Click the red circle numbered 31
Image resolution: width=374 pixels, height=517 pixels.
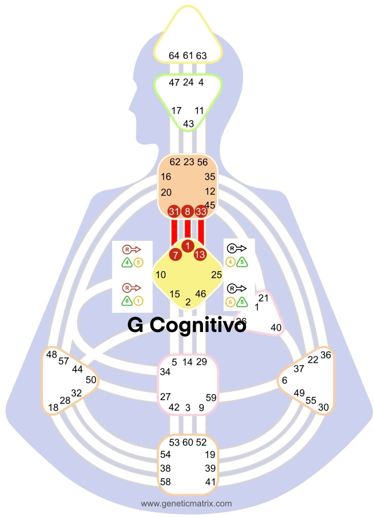point(174,211)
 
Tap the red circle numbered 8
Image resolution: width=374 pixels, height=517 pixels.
point(187,211)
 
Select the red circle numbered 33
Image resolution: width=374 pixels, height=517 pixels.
point(201,212)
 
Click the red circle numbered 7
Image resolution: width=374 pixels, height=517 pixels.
point(175,254)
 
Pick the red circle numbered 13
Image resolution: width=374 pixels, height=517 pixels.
point(200,254)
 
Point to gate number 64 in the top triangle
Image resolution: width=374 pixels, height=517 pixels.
point(174,55)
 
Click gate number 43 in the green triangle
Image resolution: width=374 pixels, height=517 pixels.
point(188,123)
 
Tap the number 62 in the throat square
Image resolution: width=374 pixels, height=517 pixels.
point(175,162)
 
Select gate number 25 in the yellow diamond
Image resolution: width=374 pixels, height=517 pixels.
point(216,274)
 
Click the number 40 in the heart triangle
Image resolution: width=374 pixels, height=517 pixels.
point(276,328)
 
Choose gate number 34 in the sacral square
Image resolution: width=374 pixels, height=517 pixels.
point(165,372)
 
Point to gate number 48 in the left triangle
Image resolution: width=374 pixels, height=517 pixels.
point(51,354)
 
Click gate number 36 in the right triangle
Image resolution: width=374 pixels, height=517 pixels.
point(325,355)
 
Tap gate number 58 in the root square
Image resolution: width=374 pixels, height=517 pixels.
point(165,482)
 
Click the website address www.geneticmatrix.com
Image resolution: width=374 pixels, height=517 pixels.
point(186,503)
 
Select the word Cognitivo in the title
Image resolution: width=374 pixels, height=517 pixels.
point(198,325)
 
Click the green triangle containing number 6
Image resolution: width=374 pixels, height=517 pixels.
point(127,301)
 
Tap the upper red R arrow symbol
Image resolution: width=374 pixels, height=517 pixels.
point(131,250)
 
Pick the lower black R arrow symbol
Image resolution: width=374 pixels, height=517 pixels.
point(237,288)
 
